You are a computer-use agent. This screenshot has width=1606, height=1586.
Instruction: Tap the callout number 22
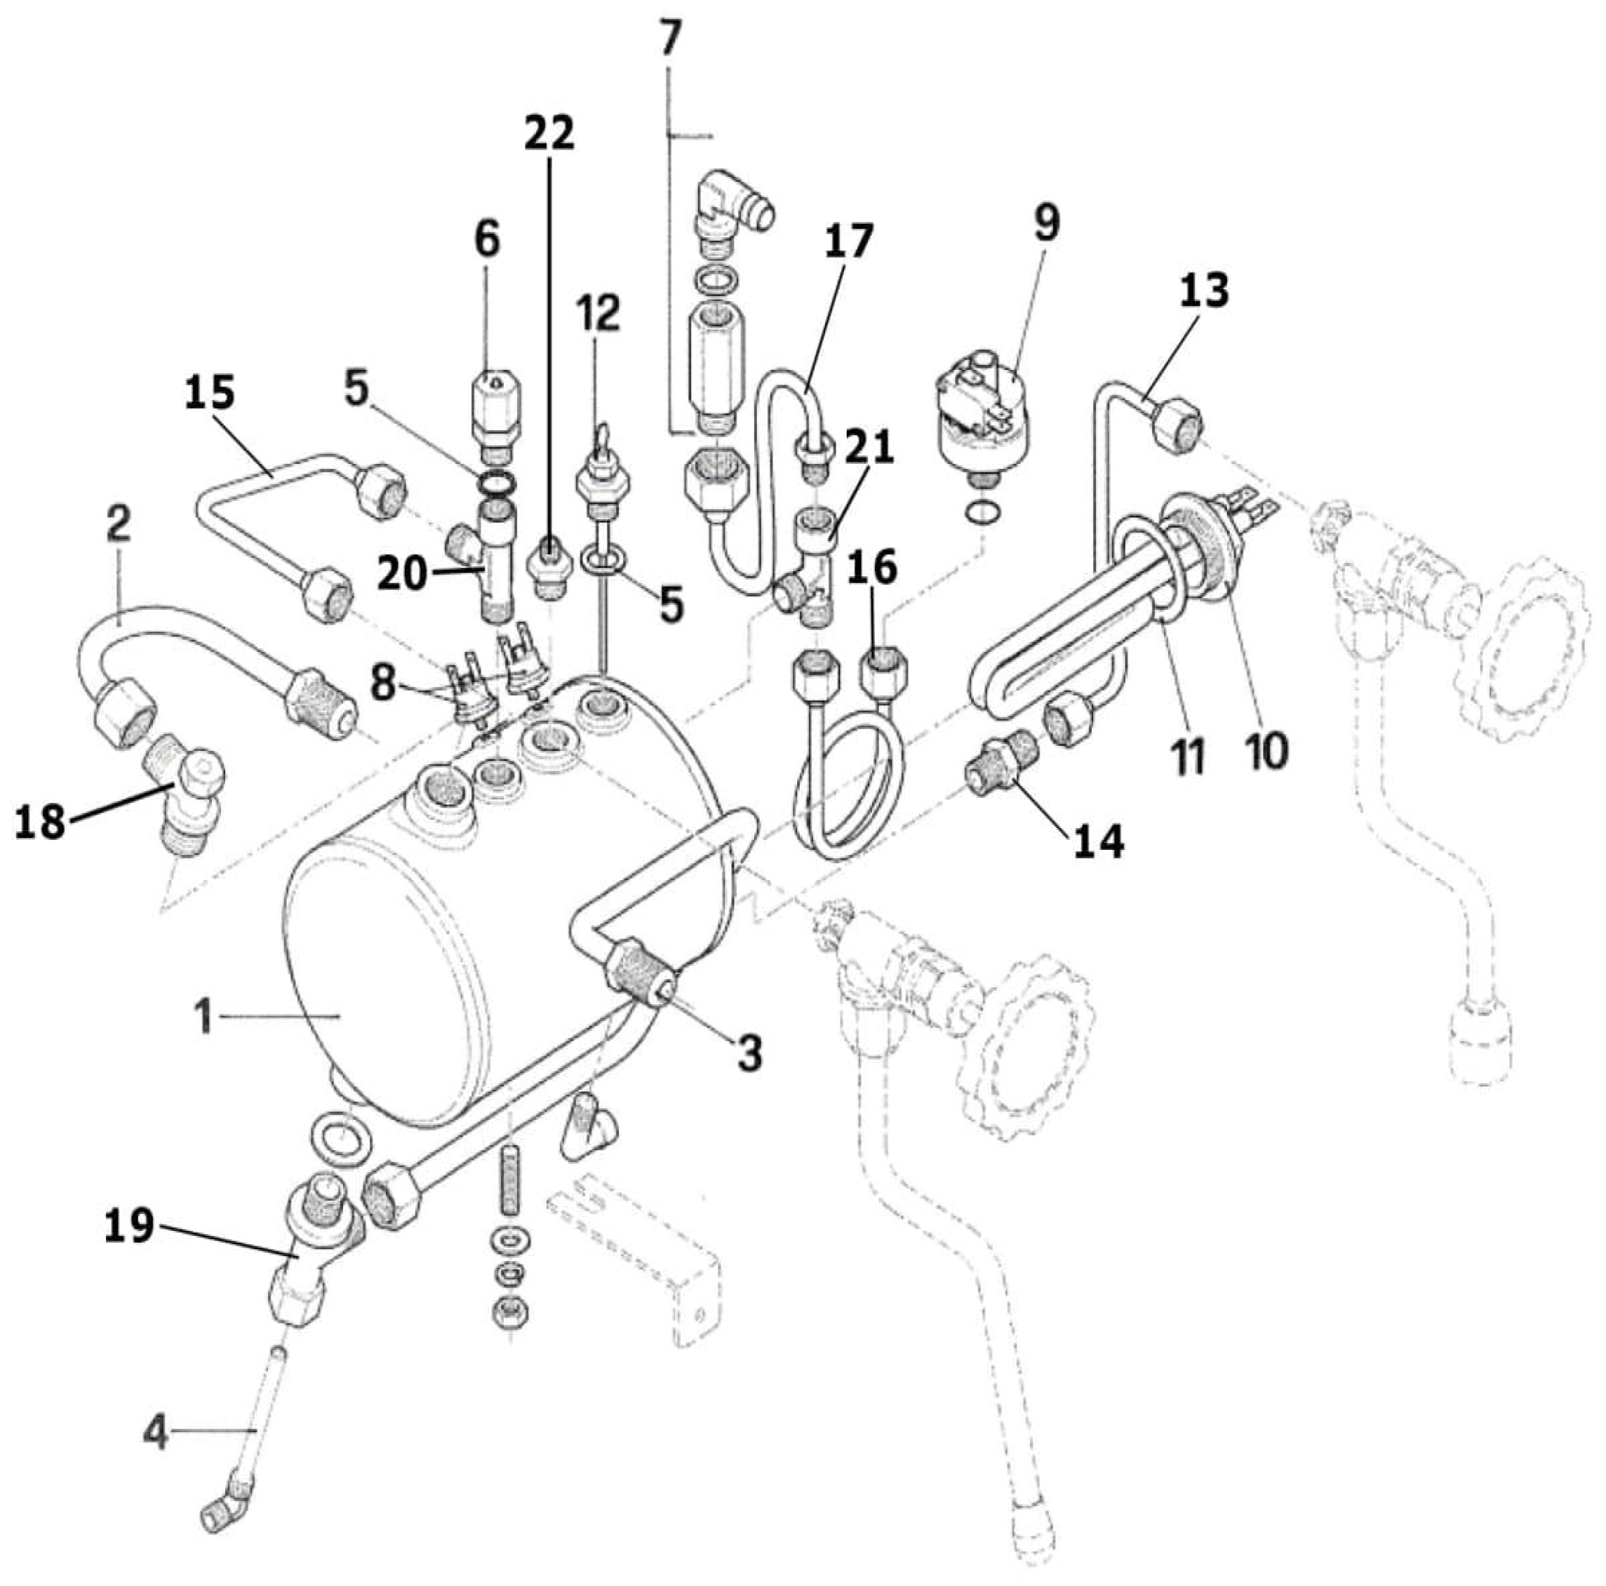click(x=549, y=133)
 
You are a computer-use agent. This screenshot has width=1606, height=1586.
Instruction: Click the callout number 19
click(x=129, y=1227)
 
